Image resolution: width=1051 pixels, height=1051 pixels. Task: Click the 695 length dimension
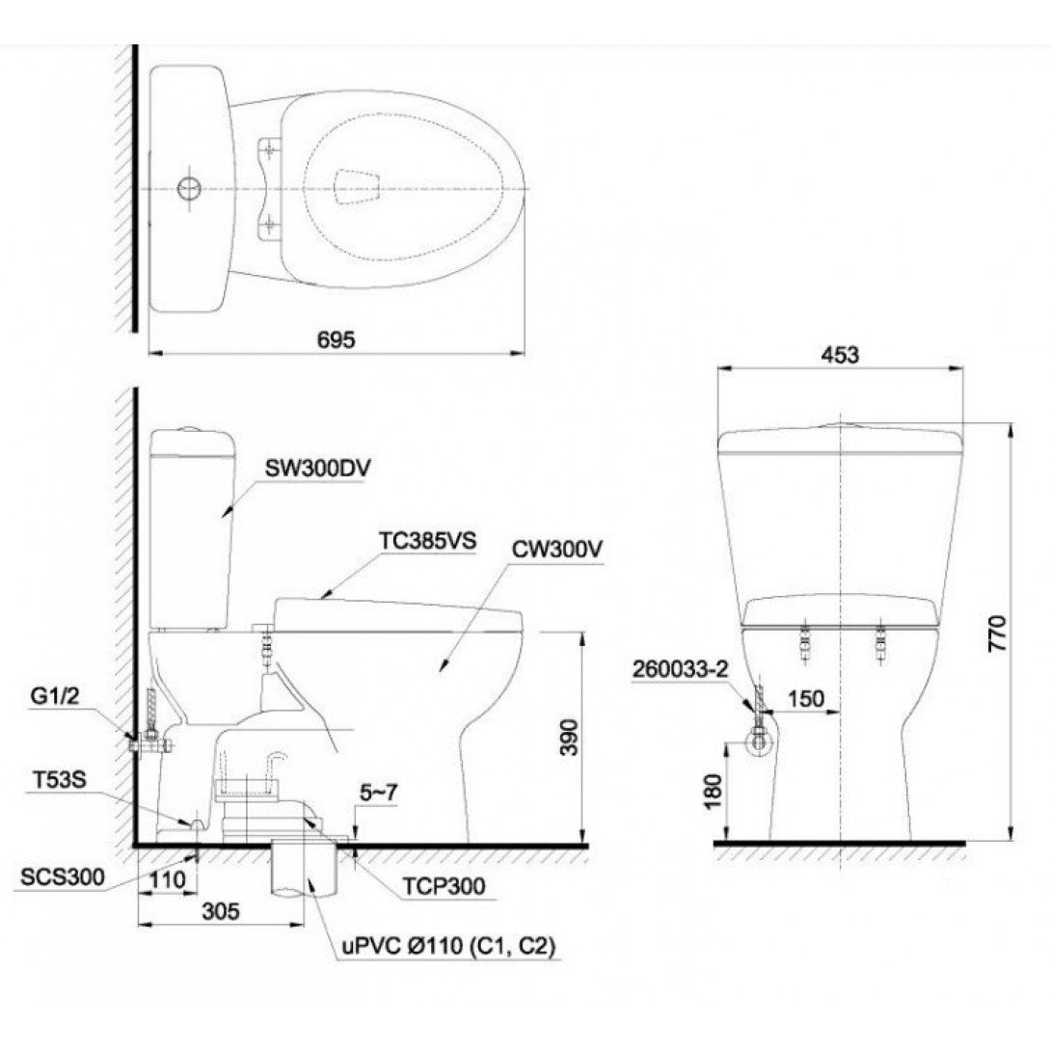pos(336,339)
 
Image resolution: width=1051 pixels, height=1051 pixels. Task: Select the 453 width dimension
pos(839,355)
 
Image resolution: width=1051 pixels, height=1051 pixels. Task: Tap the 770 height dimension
pos(997,633)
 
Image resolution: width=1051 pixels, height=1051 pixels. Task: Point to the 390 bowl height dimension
pos(568,737)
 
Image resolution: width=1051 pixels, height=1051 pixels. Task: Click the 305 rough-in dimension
pos(221,911)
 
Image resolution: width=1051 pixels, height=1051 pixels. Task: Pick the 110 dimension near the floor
pos(166,879)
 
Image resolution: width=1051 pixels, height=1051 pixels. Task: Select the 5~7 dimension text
pos(378,793)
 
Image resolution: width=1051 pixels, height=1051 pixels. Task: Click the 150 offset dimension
pos(806,698)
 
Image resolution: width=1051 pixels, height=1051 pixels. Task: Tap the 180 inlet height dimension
pos(714,791)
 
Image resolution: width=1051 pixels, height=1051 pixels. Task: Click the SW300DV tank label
pos(318,468)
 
